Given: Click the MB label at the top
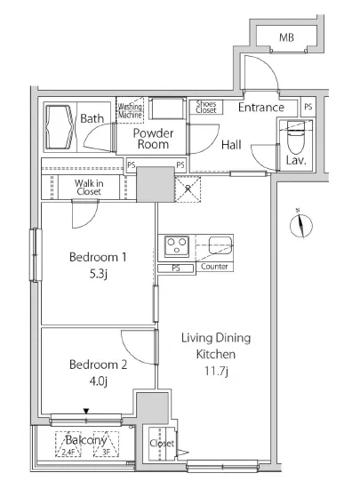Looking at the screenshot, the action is click(x=286, y=37).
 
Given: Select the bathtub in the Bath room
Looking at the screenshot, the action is click(x=60, y=127).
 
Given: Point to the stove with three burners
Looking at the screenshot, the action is click(x=177, y=246).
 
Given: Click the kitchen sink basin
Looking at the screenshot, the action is click(x=220, y=245).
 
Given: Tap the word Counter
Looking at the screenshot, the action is click(x=214, y=267).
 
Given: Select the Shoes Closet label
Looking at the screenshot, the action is click(x=206, y=107).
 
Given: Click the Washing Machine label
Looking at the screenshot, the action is click(x=130, y=111).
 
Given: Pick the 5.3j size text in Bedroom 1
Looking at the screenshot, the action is click(x=99, y=274).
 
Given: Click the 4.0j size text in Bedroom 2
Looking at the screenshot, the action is click(x=99, y=381).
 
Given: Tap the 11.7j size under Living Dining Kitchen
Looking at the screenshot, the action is click(x=216, y=371).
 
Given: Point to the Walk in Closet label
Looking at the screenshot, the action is click(x=89, y=187).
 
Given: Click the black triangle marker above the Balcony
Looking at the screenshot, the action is click(x=86, y=412).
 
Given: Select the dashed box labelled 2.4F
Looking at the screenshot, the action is click(x=68, y=444).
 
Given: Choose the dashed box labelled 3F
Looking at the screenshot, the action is click(x=106, y=444).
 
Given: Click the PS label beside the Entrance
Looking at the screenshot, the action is click(x=308, y=107).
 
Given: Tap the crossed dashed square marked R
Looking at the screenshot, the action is click(x=188, y=189).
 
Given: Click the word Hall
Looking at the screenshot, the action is click(x=231, y=145).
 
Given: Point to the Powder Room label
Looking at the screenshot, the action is click(x=153, y=139).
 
